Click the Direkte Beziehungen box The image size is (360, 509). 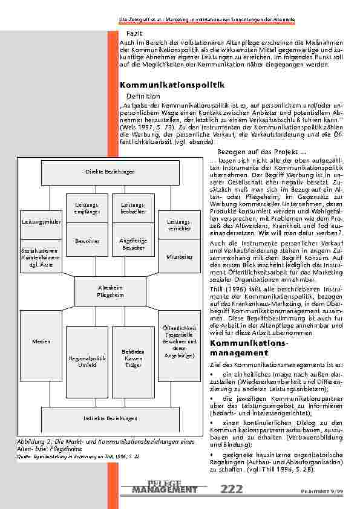[x=110, y=172]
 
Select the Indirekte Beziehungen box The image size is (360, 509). [x=110, y=418]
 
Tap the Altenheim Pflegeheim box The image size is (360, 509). [x=110, y=291]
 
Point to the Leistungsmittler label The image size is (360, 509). [x=41, y=222]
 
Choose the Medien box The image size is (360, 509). [x=41, y=342]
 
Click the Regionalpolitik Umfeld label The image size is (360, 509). [x=87, y=361]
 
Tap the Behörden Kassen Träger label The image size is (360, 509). [x=133, y=358]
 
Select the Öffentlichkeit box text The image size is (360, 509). [x=179, y=342]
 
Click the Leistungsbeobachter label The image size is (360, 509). [x=133, y=209]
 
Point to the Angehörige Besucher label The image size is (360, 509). [x=133, y=244]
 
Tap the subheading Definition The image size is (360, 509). [x=143, y=96]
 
